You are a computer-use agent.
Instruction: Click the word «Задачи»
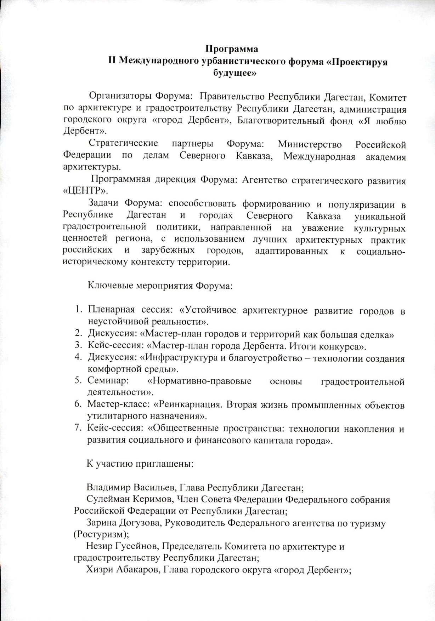point(103,203)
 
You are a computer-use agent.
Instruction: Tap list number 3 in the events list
point(78,346)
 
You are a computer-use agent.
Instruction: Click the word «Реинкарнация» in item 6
point(190,405)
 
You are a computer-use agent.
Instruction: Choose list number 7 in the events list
point(78,429)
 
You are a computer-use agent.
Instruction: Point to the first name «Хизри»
point(98,570)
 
